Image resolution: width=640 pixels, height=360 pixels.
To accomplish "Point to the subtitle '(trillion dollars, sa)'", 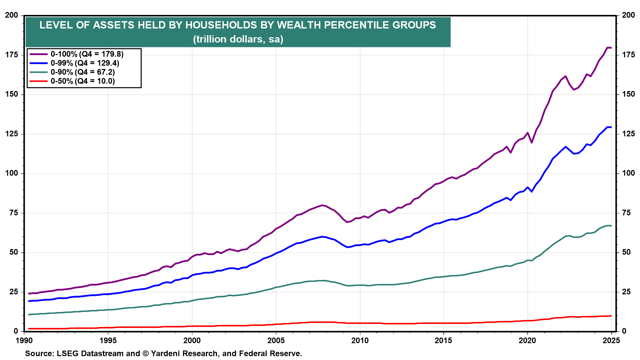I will click(238, 39).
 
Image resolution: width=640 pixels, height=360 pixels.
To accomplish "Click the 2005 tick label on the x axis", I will click(276, 340).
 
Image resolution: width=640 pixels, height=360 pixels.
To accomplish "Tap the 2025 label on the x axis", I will click(611, 340).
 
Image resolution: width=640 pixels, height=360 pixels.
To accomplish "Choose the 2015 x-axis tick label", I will click(443, 340).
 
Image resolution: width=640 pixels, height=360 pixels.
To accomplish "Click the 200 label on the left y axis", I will click(12, 15).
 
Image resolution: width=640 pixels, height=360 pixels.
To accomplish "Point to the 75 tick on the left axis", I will click(14, 213).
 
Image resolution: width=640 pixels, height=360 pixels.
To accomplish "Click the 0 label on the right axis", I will click(624, 331).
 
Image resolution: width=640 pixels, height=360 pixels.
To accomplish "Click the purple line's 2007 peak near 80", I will click(322, 205).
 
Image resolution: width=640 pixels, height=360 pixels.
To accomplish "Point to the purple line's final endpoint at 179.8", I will click(611, 48).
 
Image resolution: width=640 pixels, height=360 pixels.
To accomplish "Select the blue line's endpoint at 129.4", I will click(611, 127).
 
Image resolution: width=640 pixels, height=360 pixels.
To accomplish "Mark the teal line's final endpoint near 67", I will click(611, 226).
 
